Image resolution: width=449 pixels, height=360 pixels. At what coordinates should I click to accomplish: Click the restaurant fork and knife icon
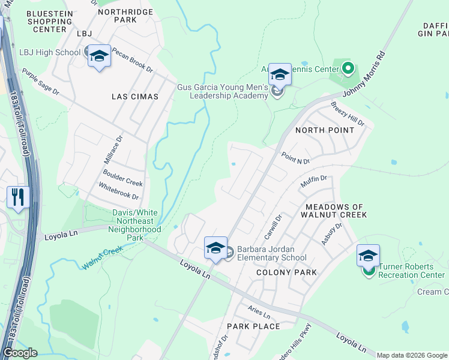pyautogui.click(x=18, y=197)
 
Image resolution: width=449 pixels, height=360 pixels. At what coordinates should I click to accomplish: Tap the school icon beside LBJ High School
pyautogui.click(x=99, y=56)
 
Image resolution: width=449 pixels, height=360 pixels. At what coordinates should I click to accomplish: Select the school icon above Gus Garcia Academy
pyautogui.click(x=280, y=74)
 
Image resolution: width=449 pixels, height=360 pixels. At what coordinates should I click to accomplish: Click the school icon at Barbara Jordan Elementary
pyautogui.click(x=216, y=247)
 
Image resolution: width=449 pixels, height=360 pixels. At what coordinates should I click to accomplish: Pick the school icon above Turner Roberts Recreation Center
pyautogui.click(x=368, y=256)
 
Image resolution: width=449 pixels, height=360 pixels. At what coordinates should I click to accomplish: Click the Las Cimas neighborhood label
pyautogui.click(x=135, y=97)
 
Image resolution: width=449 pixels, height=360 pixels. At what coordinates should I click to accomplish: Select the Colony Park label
pyautogui.click(x=286, y=272)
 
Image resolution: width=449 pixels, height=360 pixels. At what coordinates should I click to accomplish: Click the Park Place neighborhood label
pyautogui.click(x=253, y=326)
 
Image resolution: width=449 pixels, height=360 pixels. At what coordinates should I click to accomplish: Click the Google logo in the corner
pyautogui.click(x=20, y=353)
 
